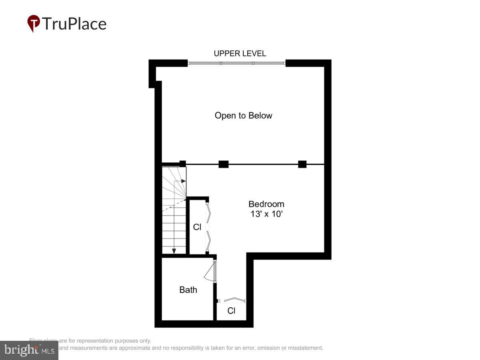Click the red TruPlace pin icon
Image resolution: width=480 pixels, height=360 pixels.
[x=34, y=23]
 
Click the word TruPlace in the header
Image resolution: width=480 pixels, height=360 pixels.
[x=74, y=24]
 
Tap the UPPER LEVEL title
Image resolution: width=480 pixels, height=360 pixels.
[x=240, y=54]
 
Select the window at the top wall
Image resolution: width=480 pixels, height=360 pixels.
[x=237, y=63]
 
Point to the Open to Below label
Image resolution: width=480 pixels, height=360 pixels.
[x=243, y=116]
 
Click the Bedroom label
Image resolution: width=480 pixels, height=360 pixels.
[x=266, y=204]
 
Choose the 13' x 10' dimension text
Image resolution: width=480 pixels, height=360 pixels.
[x=266, y=214]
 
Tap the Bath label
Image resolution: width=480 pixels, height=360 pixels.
[x=188, y=290]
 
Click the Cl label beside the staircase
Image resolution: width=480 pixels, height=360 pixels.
[x=197, y=227]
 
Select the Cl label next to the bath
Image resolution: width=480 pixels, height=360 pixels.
[x=231, y=311]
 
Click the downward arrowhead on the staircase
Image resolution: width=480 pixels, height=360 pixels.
[x=174, y=251]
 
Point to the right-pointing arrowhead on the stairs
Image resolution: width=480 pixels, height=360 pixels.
[x=183, y=181]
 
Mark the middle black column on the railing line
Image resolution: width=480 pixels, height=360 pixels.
[x=223, y=164]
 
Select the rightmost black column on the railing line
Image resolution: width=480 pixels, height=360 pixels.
[x=302, y=164]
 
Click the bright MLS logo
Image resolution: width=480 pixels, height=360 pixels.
[x=29, y=350]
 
